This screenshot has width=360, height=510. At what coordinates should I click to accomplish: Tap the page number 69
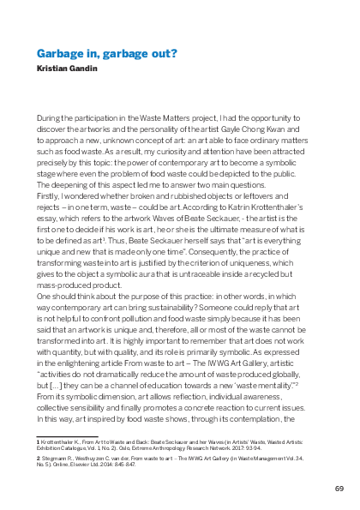[339, 488]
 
